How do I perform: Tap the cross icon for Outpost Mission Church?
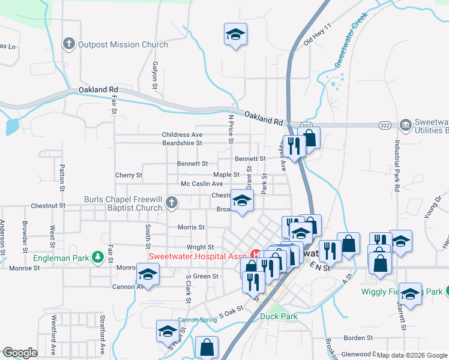(x=69, y=44)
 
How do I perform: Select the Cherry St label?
(x=128, y=175)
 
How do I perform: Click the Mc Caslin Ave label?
(x=202, y=184)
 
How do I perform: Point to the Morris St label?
(x=191, y=227)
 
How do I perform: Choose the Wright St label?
(x=200, y=247)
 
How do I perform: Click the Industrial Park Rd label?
(x=397, y=166)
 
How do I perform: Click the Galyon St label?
(x=155, y=75)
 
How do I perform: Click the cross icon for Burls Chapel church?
(x=172, y=202)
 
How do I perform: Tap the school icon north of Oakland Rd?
(x=235, y=34)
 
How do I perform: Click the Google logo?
(x=20, y=353)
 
